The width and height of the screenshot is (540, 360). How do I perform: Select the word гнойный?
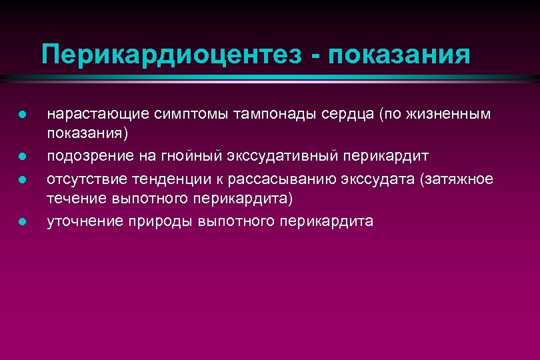tap(185, 156)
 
